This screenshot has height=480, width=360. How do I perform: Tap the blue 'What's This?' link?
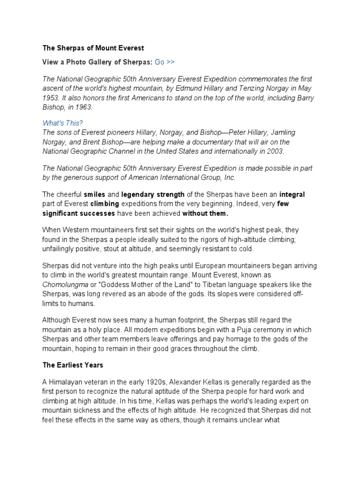(x=63, y=123)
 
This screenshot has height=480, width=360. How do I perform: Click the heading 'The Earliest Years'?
(x=73, y=364)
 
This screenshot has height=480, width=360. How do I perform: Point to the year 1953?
(x=51, y=97)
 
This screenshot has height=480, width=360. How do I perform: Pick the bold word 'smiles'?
(x=94, y=194)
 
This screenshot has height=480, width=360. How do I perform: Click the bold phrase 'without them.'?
(x=205, y=213)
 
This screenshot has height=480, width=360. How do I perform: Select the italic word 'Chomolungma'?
(x=64, y=285)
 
